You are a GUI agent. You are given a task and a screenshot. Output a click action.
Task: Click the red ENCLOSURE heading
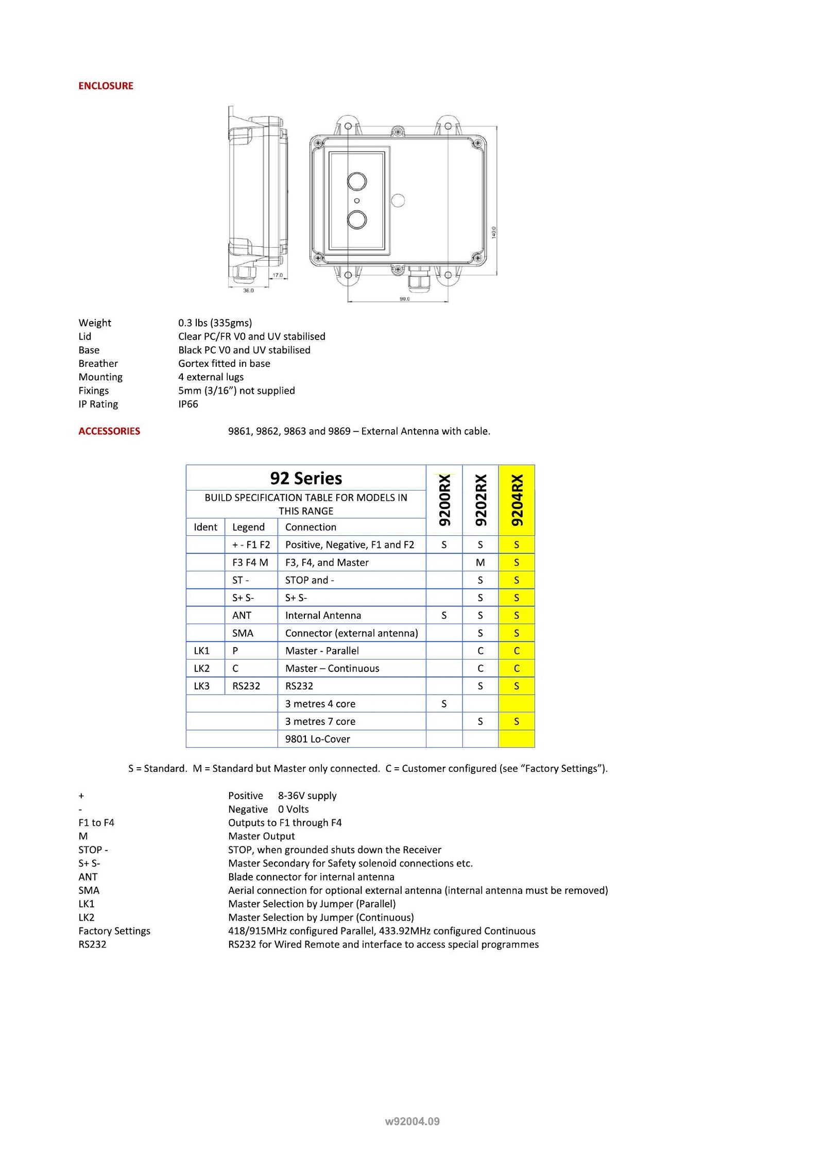coord(106,86)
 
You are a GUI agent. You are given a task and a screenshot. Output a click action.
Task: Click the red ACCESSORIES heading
coord(109,431)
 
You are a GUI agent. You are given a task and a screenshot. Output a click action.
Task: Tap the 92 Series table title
coord(306,478)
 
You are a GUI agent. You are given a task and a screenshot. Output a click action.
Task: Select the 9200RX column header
coord(444,500)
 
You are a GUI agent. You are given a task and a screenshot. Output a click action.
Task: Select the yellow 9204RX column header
coord(517,500)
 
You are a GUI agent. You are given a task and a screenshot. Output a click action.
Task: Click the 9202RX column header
coord(480,500)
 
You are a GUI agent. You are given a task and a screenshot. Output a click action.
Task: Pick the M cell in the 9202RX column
coord(480,563)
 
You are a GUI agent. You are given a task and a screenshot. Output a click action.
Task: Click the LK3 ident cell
coord(202,686)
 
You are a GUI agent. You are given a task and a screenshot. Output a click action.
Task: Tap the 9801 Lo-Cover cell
coord(317,739)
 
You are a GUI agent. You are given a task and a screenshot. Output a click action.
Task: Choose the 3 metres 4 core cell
coord(320,704)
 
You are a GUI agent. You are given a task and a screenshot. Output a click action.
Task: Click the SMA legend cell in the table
coord(243,633)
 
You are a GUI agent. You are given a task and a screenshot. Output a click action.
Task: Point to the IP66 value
coord(188,404)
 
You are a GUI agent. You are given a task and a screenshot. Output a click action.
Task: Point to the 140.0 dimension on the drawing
coord(493,232)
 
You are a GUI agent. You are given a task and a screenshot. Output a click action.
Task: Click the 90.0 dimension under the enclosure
coord(405,299)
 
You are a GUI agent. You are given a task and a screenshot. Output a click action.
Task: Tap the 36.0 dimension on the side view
coord(248,291)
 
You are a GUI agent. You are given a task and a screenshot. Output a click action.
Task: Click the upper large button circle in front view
coord(357,181)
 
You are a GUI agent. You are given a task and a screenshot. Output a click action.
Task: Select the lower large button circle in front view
coord(357,220)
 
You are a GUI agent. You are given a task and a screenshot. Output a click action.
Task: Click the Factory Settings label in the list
coord(114,931)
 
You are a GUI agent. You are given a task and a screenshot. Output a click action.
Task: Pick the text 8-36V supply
coord(307,796)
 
